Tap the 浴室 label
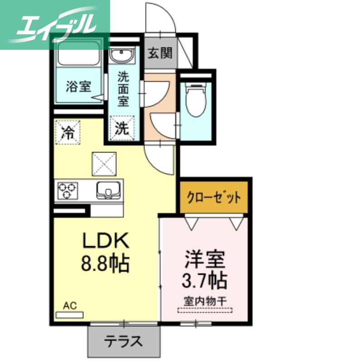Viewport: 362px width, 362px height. coord(78,86)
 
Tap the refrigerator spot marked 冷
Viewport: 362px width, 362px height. coord(68,132)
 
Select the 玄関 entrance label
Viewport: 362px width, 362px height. coord(160,53)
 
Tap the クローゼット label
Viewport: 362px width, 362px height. coord(214,198)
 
